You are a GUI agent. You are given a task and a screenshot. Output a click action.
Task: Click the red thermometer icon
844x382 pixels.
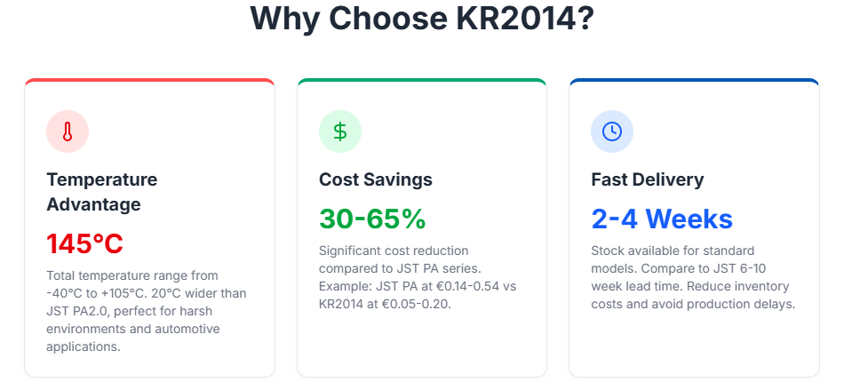68,132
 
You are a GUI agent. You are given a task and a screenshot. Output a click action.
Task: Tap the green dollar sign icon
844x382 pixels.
340,131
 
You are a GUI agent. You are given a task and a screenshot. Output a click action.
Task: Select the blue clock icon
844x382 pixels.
612,131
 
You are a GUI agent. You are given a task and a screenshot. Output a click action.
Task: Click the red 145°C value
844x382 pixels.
84,243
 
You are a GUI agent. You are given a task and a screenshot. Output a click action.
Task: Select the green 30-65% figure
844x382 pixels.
372,219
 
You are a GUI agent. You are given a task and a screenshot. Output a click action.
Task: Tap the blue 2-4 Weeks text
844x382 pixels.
662,219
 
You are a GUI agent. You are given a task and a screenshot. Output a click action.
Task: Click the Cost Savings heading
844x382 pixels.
376,179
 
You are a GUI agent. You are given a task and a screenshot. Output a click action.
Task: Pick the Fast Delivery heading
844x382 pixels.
647,179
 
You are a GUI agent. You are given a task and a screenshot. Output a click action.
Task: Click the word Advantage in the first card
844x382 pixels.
93,204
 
